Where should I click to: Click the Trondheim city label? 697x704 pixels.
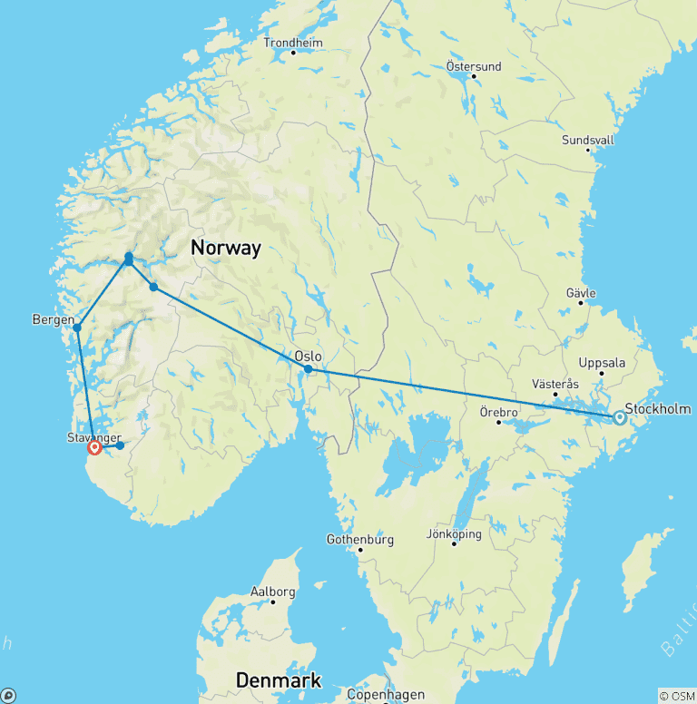[292, 43]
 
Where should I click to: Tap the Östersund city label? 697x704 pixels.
[472, 65]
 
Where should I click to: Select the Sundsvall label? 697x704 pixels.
[587, 140]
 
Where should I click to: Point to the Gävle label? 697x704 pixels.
[580, 293]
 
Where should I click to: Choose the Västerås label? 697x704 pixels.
[554, 385]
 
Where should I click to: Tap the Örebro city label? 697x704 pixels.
[497, 412]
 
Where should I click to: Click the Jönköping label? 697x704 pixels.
[453, 533]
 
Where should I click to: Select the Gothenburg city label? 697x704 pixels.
[359, 540]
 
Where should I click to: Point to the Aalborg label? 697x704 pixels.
[272, 592]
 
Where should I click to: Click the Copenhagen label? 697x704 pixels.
[385, 695]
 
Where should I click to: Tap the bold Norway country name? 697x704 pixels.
[225, 247]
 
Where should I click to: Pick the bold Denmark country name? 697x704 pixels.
[279, 680]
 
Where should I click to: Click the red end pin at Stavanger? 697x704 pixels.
[94, 447]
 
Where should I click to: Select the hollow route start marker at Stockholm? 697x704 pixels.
[619, 418]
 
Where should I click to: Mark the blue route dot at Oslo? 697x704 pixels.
[309, 369]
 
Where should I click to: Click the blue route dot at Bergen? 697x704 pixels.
[77, 328]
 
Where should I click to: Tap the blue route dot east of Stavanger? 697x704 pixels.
[120, 445]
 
